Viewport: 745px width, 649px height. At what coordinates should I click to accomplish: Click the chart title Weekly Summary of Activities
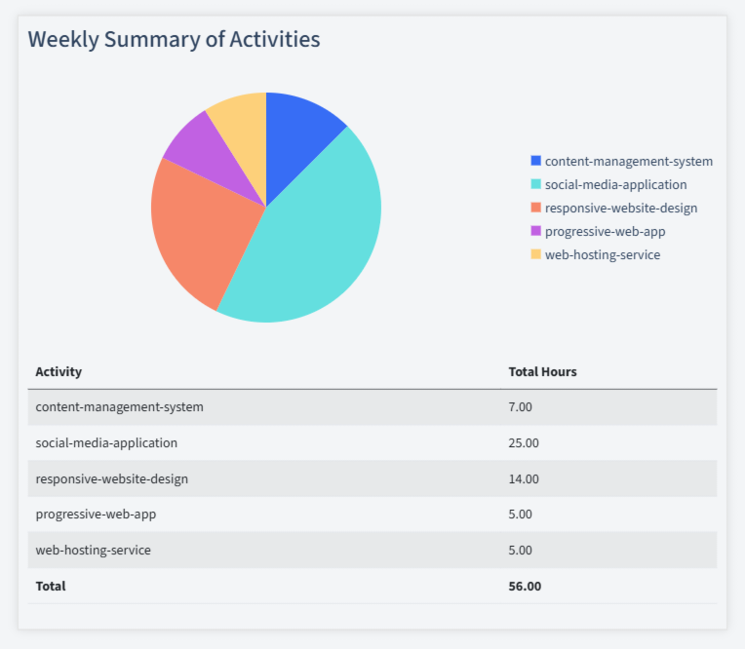pyautogui.click(x=174, y=40)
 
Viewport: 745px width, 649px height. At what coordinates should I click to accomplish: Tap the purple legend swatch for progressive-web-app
pyautogui.click(x=535, y=231)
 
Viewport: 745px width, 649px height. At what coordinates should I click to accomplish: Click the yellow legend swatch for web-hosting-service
pyautogui.click(x=535, y=254)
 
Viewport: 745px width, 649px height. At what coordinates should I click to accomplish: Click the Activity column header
pyautogui.click(x=59, y=371)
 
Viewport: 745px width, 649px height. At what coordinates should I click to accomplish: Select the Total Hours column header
pyautogui.click(x=542, y=371)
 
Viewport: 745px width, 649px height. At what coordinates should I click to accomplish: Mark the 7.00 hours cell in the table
pyautogui.click(x=521, y=407)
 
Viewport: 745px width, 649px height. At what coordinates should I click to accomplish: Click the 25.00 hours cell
pyautogui.click(x=524, y=442)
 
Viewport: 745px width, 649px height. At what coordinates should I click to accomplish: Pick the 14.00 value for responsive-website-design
pyautogui.click(x=524, y=478)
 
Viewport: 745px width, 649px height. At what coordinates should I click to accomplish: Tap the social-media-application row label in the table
pyautogui.click(x=106, y=442)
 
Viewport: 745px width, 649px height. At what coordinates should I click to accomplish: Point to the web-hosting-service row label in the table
pyautogui.click(x=93, y=550)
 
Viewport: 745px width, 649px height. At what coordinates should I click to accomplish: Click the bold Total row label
pyautogui.click(x=51, y=586)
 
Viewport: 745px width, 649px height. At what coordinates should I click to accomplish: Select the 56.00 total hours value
pyautogui.click(x=525, y=586)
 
